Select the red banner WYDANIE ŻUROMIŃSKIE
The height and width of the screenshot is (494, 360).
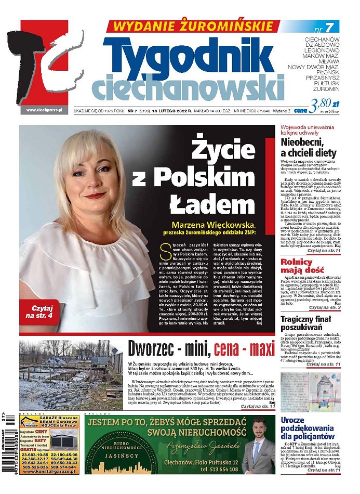(193, 26)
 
